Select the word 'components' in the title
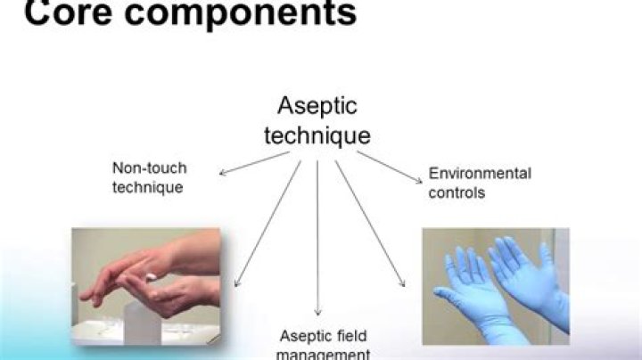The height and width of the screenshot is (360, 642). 235,14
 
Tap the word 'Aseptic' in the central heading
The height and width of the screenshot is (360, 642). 317,106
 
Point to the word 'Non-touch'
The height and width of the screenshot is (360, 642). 149,168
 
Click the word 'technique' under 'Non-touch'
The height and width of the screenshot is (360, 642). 147,187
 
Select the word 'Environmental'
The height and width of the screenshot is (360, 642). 480,173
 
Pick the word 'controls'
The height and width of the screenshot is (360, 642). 457,192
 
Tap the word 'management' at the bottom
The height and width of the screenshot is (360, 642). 323,354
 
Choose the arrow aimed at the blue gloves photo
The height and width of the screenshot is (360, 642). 369,223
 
